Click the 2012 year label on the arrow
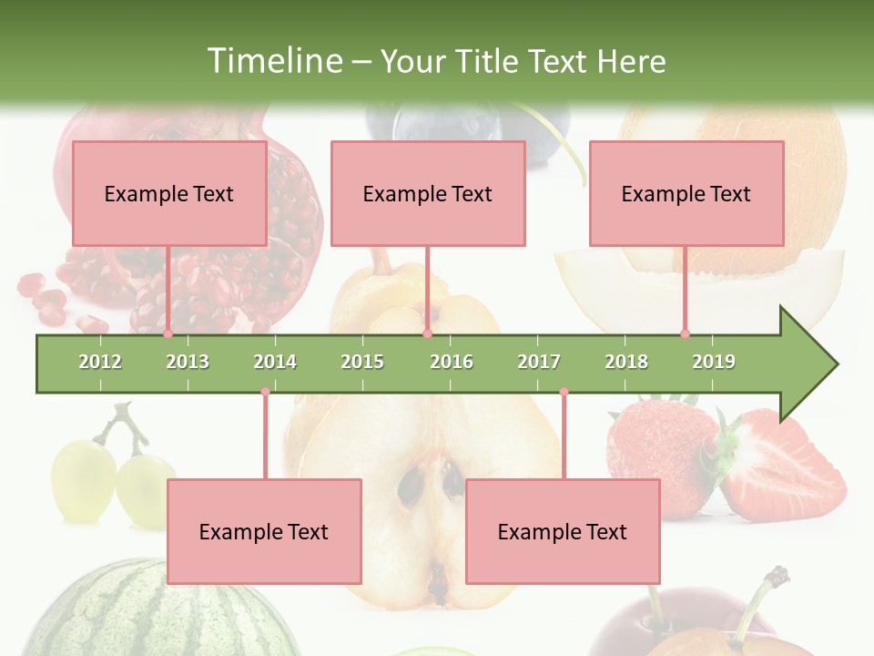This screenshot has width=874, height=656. tap(100, 362)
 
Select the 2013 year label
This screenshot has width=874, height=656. tap(188, 362)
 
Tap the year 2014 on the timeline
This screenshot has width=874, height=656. tap(275, 362)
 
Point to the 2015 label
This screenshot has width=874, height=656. tap(362, 362)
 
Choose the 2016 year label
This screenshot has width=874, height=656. tap(452, 362)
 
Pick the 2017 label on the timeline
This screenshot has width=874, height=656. tap(539, 362)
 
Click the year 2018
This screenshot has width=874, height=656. tap(626, 362)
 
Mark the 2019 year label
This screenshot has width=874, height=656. tap(714, 362)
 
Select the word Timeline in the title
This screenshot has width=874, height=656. tap(272, 61)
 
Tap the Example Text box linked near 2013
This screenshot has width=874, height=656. tap(169, 193)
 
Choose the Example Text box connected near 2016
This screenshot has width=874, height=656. tap(428, 193)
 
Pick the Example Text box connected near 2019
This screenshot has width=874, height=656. tap(686, 193)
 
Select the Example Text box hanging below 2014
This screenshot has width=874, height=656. tap(264, 531)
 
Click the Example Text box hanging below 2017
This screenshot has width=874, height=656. tap(563, 531)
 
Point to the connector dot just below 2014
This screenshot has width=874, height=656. tap(265, 392)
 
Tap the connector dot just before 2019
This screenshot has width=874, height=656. tap(685, 334)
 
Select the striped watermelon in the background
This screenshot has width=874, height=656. tap(137, 610)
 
